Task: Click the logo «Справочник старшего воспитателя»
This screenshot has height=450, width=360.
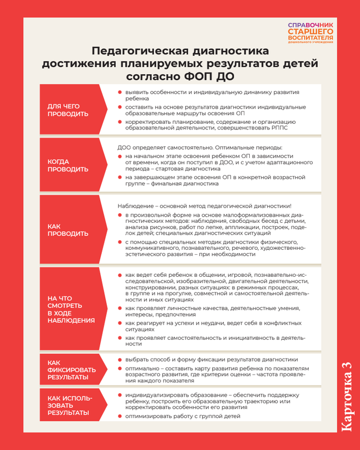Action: point(310,33)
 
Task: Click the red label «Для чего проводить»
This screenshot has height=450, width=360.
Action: point(67,110)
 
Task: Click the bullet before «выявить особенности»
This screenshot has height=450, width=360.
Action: point(120,92)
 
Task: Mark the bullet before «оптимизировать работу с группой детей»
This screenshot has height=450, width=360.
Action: point(120,416)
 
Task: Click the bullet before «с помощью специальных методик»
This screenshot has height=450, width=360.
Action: point(120,241)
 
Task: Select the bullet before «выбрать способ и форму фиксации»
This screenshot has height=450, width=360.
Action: point(120,359)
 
